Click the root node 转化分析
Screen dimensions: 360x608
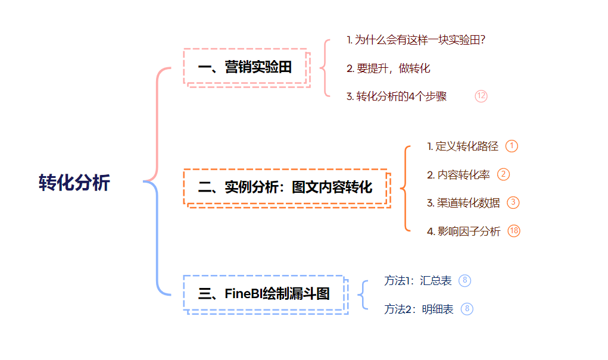(x=74, y=183)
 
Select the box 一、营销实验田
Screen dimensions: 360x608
(x=245, y=67)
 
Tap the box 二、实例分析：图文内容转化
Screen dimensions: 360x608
(x=285, y=187)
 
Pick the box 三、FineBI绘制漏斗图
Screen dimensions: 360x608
(x=264, y=293)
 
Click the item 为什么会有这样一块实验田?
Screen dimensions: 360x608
(x=416, y=40)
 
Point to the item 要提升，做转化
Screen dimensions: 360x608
(x=388, y=68)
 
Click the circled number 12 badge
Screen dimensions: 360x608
(x=481, y=96)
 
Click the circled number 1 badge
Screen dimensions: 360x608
(x=512, y=146)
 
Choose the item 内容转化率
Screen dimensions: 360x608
(x=459, y=175)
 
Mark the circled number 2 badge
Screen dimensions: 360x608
(x=504, y=174)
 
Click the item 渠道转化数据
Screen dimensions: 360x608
(x=463, y=203)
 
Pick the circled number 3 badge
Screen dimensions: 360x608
(x=513, y=203)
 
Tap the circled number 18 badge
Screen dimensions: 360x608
(x=514, y=231)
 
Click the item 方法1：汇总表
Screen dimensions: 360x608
(x=418, y=281)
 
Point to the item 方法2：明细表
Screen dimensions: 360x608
(x=419, y=309)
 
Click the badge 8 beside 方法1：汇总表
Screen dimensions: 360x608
(x=465, y=280)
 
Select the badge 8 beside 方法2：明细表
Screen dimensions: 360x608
(x=467, y=309)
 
